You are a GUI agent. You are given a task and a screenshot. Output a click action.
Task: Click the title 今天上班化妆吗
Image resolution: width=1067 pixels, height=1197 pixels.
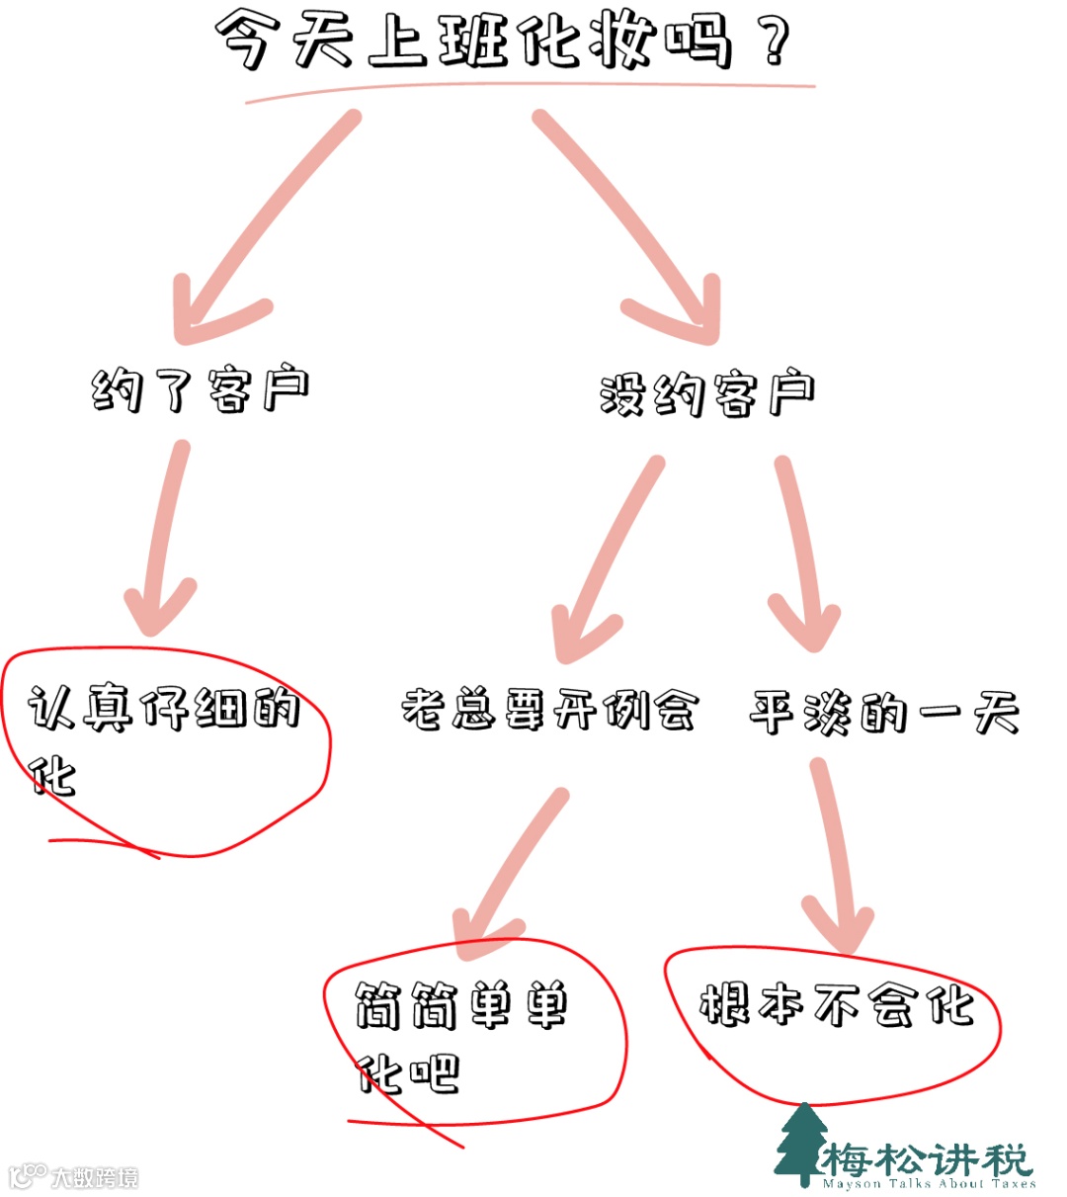474,42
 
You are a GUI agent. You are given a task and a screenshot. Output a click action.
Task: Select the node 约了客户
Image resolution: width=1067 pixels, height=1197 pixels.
201,389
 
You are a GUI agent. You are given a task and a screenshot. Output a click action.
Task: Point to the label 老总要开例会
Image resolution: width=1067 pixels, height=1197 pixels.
549,710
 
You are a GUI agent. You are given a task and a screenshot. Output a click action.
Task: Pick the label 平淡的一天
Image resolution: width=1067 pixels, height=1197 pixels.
884,712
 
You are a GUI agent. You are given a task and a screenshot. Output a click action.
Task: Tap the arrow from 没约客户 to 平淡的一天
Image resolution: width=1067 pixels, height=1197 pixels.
802,554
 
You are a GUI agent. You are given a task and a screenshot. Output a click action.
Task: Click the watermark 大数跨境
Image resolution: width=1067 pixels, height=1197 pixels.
94,1177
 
